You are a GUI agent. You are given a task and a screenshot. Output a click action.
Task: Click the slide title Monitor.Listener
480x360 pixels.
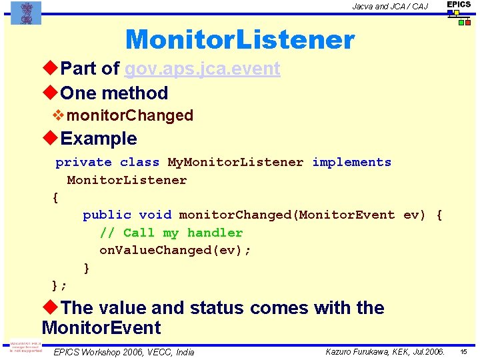[x=239, y=40]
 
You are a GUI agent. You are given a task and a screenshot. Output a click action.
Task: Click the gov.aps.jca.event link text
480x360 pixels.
[x=202, y=69]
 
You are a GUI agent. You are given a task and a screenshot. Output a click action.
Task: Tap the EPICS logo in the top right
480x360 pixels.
[x=459, y=13]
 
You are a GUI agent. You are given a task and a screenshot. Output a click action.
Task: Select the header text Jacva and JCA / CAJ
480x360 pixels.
[x=390, y=7]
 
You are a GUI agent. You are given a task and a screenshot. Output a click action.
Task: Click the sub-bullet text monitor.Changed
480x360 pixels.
[x=130, y=115]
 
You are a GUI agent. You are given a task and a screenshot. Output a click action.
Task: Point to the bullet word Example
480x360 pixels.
[x=98, y=139]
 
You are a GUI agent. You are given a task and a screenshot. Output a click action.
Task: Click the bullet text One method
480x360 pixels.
[x=113, y=93]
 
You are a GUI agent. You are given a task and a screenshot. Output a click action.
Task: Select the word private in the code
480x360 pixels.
[x=83, y=162]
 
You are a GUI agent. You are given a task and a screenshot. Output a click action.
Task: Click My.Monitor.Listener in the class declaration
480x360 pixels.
[x=235, y=162]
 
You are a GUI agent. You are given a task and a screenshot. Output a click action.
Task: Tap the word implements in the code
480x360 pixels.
[x=351, y=162]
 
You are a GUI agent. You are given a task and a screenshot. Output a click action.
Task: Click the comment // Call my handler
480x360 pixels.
[x=171, y=233]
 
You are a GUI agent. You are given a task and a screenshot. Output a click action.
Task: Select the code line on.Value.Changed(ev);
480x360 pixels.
[x=175, y=250]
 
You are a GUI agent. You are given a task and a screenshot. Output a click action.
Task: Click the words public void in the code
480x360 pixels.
[x=127, y=215]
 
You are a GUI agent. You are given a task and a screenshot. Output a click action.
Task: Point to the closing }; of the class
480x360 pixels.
[x=59, y=285]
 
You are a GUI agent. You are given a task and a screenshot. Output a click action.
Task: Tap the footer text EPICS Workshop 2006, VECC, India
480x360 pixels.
[x=124, y=352]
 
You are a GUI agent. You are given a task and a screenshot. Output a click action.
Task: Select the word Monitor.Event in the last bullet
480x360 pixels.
[x=101, y=328]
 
